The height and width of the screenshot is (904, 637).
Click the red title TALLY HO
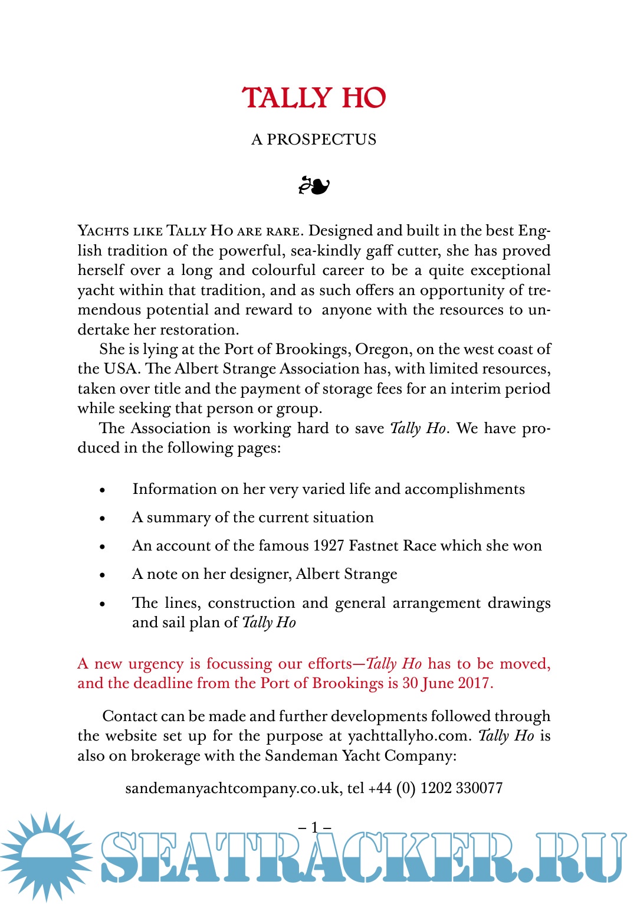(314, 98)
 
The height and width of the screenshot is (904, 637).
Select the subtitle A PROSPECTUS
(314, 140)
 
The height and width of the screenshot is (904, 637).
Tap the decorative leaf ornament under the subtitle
(314, 186)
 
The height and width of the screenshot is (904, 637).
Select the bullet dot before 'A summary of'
(103, 519)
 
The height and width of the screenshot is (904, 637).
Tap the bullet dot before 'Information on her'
(103, 490)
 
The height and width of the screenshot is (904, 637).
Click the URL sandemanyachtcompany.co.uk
(232, 788)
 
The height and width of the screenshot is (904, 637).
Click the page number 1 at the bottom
(314, 827)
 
